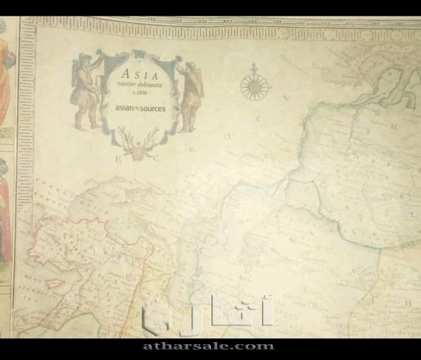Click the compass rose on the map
pyautogui.click(x=254, y=84)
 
